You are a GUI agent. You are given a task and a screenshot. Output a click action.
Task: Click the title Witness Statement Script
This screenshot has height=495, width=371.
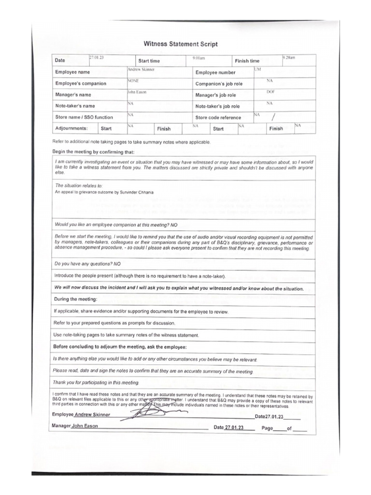[181, 44]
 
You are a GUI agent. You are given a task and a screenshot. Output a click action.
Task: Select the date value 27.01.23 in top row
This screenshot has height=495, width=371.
[96, 58]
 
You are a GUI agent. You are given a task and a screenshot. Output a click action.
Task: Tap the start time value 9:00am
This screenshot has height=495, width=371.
[199, 58]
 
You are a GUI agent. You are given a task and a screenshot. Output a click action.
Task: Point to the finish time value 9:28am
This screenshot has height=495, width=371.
[288, 58]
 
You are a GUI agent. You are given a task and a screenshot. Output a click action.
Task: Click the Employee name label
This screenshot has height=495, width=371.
[72, 72]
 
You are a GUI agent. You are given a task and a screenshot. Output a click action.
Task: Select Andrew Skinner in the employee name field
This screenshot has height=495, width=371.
[141, 69]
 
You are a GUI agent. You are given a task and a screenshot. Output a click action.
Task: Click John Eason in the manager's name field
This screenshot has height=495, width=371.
[137, 91]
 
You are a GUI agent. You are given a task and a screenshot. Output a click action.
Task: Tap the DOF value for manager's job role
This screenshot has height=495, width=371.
[271, 91]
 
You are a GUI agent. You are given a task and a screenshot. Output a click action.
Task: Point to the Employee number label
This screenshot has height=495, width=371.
[215, 73]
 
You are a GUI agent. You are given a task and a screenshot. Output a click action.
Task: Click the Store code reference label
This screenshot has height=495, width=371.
[218, 117]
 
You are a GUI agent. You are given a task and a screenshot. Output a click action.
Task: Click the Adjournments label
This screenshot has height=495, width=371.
[71, 129]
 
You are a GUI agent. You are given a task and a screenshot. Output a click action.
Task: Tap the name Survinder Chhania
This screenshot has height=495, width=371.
[139, 192]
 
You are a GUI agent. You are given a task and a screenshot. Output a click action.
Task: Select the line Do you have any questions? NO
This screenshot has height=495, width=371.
[88, 264]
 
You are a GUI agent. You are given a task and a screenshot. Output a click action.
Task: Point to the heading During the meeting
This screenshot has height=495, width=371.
[75, 299]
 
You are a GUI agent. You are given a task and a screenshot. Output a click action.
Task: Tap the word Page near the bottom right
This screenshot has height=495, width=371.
[267, 428]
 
